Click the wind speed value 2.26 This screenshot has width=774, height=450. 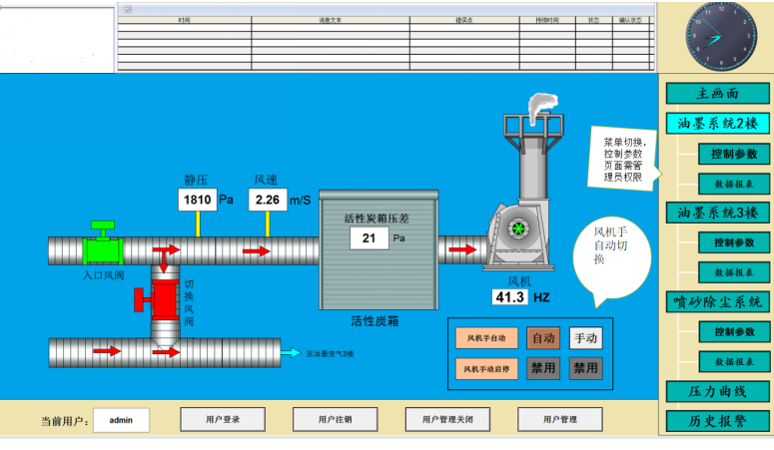(267, 200)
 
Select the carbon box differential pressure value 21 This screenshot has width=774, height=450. (369, 238)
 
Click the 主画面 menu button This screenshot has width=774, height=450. (717, 94)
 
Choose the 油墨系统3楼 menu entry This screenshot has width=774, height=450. (717, 213)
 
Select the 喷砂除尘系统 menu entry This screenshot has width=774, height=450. (717, 301)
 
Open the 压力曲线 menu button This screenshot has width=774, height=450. (717, 391)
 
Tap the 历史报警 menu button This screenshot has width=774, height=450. (717, 421)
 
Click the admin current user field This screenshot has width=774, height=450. (121, 421)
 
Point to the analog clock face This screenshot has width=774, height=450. (715, 36)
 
